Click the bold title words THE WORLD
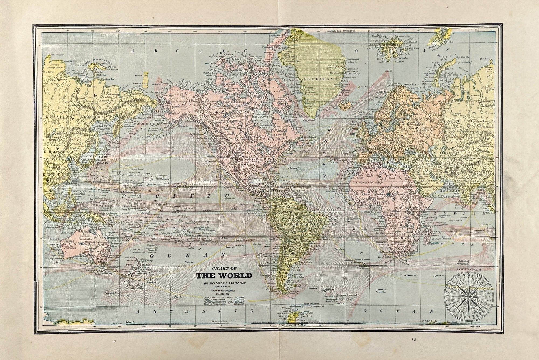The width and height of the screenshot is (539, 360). [x=224, y=276]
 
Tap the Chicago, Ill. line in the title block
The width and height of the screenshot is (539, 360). [x=224, y=294]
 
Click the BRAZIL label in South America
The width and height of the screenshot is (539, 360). [x=310, y=224]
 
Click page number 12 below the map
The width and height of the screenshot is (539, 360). [x=114, y=341]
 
